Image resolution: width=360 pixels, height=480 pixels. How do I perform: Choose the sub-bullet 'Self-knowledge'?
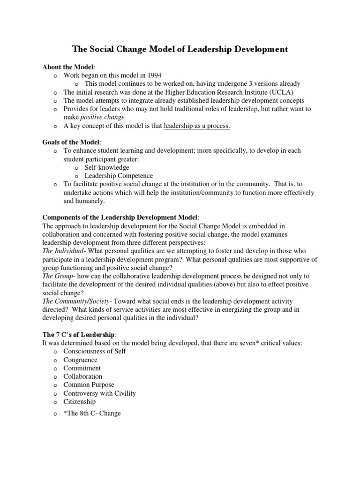pos(107,167)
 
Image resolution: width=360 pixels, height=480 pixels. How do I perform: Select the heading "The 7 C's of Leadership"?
pos(78,335)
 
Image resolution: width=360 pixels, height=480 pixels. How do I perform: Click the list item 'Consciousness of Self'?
pos(95,351)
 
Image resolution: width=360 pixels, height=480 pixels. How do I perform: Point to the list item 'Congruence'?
pos(81,360)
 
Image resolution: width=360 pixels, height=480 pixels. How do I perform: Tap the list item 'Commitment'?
pos(82,368)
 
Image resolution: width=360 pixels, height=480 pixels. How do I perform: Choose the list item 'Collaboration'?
pos(83,376)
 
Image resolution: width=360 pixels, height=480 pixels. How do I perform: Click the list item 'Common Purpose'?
pos(89,385)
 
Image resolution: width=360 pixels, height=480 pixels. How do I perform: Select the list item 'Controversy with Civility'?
pos(100,393)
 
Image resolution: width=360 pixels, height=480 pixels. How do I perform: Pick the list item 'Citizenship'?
pos(80,402)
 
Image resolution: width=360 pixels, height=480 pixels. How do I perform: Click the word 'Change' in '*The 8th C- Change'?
pos(111,413)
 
